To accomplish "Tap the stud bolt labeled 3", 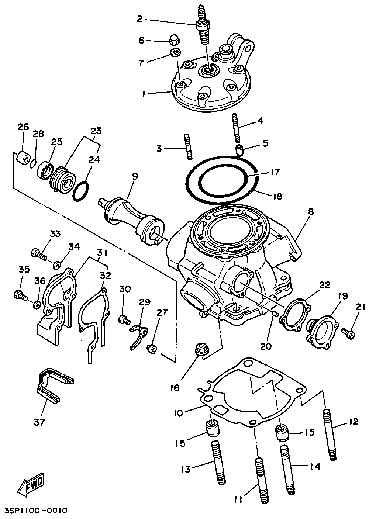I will (188, 146).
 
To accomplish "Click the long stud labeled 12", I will (330, 435).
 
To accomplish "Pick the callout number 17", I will (275, 172).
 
